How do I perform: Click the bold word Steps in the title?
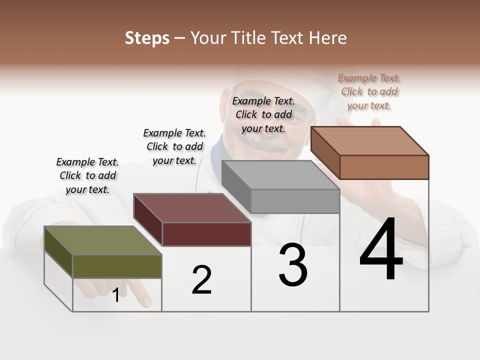pyautogui.click(x=146, y=38)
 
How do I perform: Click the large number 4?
pyautogui.click(x=381, y=250)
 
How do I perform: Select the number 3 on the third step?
pyautogui.click(x=293, y=265)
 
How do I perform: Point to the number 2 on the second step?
pyautogui.click(x=202, y=280)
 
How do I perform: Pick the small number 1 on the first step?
pyautogui.click(x=116, y=295)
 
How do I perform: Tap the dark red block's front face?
pyautogui.click(x=206, y=234)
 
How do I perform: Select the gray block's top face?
pyautogui.click(x=280, y=174)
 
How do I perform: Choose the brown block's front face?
pyautogui.click(x=384, y=167)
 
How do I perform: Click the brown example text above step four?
pyautogui.click(x=369, y=91)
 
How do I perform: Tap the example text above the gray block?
pyautogui.click(x=263, y=114)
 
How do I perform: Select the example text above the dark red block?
pyautogui.click(x=174, y=146)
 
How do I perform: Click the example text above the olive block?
pyautogui.click(x=87, y=175)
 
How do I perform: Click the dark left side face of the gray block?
pyautogui.click(x=236, y=186)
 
